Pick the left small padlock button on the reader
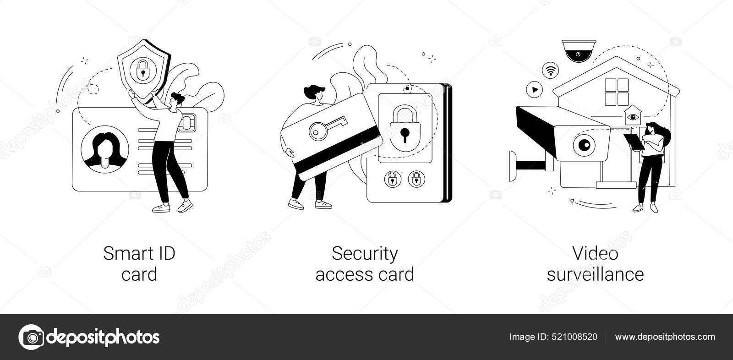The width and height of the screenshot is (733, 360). pos(392,179)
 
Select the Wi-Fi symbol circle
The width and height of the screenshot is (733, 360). pos(550,70)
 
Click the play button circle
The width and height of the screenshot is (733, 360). pos(534,89)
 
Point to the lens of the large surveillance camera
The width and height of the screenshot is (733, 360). pos(584,145)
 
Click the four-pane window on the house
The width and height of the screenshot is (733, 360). pos(617,92)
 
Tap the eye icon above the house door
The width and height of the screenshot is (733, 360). pos(634,116)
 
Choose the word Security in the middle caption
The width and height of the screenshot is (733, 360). pos(365,253)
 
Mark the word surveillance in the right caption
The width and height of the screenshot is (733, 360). pos(596,274)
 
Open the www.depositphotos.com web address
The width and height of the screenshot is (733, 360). pos(665,337)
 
